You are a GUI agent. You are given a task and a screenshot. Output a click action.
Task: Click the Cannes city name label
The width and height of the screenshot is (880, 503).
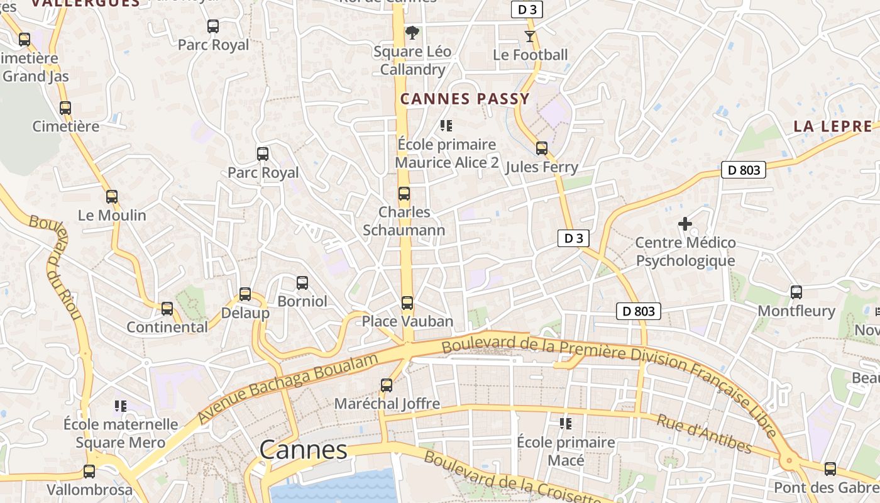pyautogui.click(x=303, y=450)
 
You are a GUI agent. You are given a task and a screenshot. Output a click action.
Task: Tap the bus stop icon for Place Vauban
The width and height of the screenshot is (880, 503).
pyautogui.click(x=407, y=303)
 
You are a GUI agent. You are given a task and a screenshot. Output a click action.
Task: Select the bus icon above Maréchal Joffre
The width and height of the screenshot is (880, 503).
pyautogui.click(x=387, y=385)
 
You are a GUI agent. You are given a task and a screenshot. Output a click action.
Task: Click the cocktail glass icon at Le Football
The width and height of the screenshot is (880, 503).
pyautogui.click(x=530, y=36)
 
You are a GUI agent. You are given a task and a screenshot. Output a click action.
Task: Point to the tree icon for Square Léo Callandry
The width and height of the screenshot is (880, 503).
pyautogui.click(x=412, y=32)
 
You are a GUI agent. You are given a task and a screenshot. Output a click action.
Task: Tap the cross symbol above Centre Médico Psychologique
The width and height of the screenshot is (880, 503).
pyautogui.click(x=685, y=223)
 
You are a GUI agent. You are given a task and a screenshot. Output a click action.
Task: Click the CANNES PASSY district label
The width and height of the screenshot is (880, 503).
pyautogui.click(x=465, y=99)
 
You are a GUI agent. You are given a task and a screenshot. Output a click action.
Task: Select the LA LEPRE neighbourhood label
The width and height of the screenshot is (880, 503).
pyautogui.click(x=833, y=126)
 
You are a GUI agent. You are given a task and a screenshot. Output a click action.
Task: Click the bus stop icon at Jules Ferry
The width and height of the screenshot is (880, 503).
pyautogui.click(x=541, y=148)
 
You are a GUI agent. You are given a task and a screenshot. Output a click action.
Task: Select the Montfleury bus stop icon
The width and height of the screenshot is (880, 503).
pyautogui.click(x=796, y=292)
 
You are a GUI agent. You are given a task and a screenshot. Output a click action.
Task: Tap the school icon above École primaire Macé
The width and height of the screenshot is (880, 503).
pyautogui.click(x=566, y=424)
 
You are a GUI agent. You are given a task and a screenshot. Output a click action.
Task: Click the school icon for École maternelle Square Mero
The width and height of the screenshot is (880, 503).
pyautogui.click(x=121, y=406)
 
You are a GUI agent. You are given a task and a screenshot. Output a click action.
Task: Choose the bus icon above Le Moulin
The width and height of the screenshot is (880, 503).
pyautogui.click(x=112, y=197)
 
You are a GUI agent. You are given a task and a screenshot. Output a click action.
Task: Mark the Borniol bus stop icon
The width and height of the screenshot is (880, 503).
pyautogui.click(x=302, y=283)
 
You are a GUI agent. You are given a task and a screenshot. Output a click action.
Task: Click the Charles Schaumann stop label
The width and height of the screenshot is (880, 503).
pyautogui.click(x=404, y=221)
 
